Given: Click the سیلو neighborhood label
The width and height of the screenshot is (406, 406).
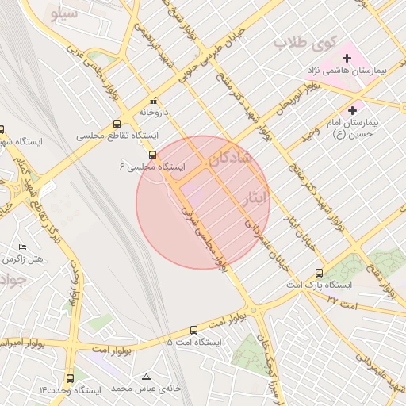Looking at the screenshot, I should [63, 14].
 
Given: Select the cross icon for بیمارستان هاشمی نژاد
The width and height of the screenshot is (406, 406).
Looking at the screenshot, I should [347, 57].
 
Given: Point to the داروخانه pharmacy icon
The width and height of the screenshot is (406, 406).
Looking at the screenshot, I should [153, 101].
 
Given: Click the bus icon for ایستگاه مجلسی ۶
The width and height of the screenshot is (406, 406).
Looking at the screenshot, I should [152, 155].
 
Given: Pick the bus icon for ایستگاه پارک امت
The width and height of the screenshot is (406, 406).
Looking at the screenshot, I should [320, 271].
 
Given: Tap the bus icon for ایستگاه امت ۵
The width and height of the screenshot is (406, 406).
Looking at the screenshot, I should [193, 330].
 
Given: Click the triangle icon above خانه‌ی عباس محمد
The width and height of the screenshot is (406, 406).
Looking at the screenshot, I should [145, 376].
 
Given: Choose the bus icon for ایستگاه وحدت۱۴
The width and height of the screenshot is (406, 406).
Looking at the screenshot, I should [71, 379].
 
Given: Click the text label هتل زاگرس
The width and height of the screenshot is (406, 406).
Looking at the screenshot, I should [21, 259].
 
